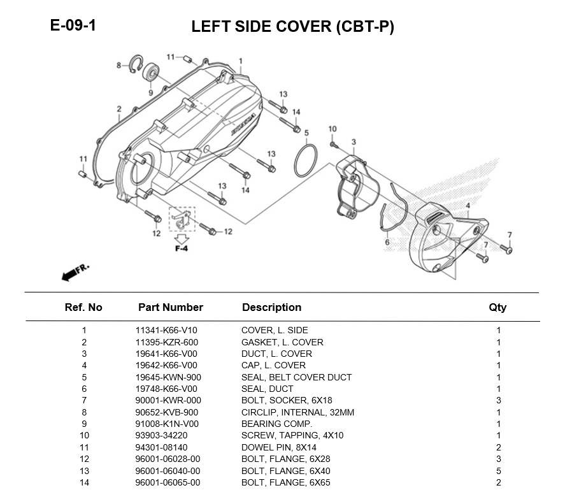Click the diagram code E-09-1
[x=73, y=26]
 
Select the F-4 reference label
[x=182, y=248]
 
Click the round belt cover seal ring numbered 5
[x=306, y=161]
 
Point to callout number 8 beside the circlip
[x=118, y=65]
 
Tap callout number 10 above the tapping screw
[x=332, y=129]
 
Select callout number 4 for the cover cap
[x=468, y=205]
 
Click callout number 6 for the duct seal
[x=387, y=242]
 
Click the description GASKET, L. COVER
[x=282, y=342]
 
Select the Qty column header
[x=497, y=307]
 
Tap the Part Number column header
[x=170, y=307]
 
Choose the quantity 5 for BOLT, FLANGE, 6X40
[x=498, y=471]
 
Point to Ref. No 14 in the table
[x=83, y=482]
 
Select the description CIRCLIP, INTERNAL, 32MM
[x=297, y=412]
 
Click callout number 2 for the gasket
[x=119, y=110]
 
